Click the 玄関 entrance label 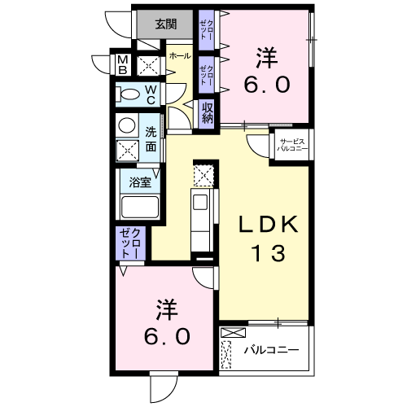(x=166, y=24)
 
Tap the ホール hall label (x=180, y=55)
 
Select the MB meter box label (x=121, y=64)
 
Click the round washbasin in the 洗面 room (x=127, y=126)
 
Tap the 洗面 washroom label (x=151, y=138)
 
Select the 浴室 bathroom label (x=140, y=182)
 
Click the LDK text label (x=261, y=224)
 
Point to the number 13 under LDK (x=263, y=255)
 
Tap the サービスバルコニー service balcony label (x=291, y=145)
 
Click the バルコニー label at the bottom (x=272, y=351)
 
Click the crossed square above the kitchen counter (x=202, y=174)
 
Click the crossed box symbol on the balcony (x=232, y=333)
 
